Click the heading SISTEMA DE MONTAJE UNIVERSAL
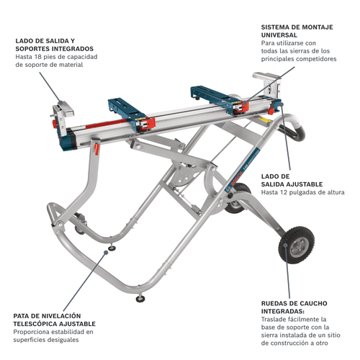(297, 30)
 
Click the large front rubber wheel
(295, 248)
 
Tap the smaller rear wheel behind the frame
(235, 198)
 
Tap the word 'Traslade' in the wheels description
(276, 319)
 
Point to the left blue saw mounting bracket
(131, 108)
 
